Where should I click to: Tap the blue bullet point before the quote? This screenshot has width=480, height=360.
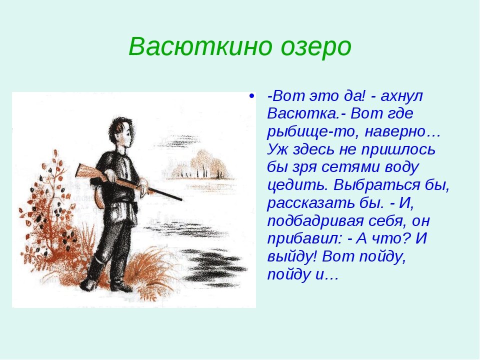(x=252, y=96)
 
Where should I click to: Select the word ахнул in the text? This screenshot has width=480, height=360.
(x=401, y=96)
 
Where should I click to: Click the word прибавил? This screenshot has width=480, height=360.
(x=303, y=239)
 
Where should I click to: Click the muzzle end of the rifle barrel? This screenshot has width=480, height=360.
(x=181, y=199)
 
